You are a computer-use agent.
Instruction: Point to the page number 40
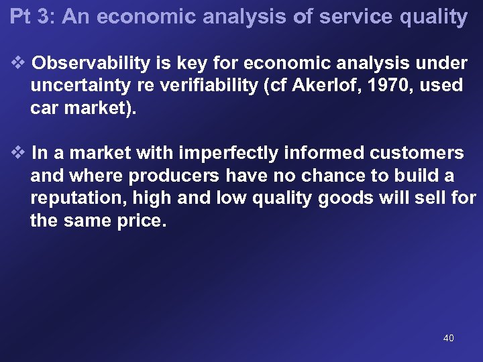(449, 338)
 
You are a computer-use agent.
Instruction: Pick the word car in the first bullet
(42, 109)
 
